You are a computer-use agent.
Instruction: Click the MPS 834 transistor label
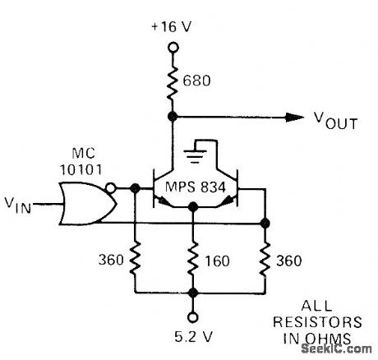194,192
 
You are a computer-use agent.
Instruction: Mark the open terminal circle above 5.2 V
191,316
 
